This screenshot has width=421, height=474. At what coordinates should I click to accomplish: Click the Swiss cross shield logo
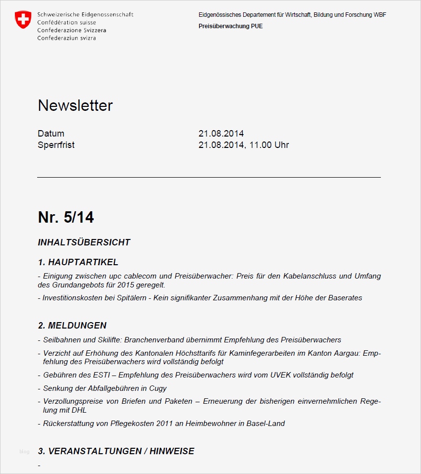[x=23, y=20]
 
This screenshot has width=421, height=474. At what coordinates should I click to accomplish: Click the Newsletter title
[x=75, y=105]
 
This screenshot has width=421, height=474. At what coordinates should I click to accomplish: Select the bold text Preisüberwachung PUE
[x=230, y=26]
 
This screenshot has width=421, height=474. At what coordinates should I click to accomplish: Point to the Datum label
[x=51, y=134]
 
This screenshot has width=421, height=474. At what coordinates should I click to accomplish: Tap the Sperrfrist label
[x=56, y=145]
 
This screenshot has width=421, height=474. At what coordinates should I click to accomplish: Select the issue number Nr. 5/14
[x=66, y=217]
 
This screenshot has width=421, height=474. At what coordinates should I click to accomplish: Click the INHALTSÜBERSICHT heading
[x=84, y=242]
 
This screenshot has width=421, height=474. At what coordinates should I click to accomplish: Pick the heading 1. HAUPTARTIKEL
[x=78, y=262]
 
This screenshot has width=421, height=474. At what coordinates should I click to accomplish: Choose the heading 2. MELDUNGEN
[x=72, y=326]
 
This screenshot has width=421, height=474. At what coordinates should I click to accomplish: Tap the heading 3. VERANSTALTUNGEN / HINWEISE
[x=116, y=451]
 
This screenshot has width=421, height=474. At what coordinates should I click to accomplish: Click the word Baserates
[x=345, y=298]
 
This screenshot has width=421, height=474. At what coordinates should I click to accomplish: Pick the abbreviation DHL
[x=78, y=410]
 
